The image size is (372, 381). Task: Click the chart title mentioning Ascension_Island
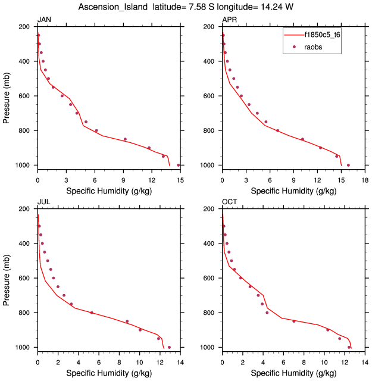point(186,7)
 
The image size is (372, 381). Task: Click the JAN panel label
point(44,20)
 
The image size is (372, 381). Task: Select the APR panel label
point(229,20)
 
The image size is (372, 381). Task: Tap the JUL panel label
point(44,202)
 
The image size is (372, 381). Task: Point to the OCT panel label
point(229,202)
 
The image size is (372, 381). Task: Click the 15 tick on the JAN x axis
point(179,179)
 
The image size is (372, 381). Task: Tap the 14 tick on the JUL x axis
point(180,361)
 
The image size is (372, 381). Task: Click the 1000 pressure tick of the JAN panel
point(24,165)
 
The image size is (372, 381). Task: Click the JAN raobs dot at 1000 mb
point(179,165)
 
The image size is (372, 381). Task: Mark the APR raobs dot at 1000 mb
point(348,165)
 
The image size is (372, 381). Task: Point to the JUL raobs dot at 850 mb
point(127,321)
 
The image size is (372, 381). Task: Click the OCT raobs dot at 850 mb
point(293,321)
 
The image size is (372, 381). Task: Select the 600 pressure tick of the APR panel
point(210,96)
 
